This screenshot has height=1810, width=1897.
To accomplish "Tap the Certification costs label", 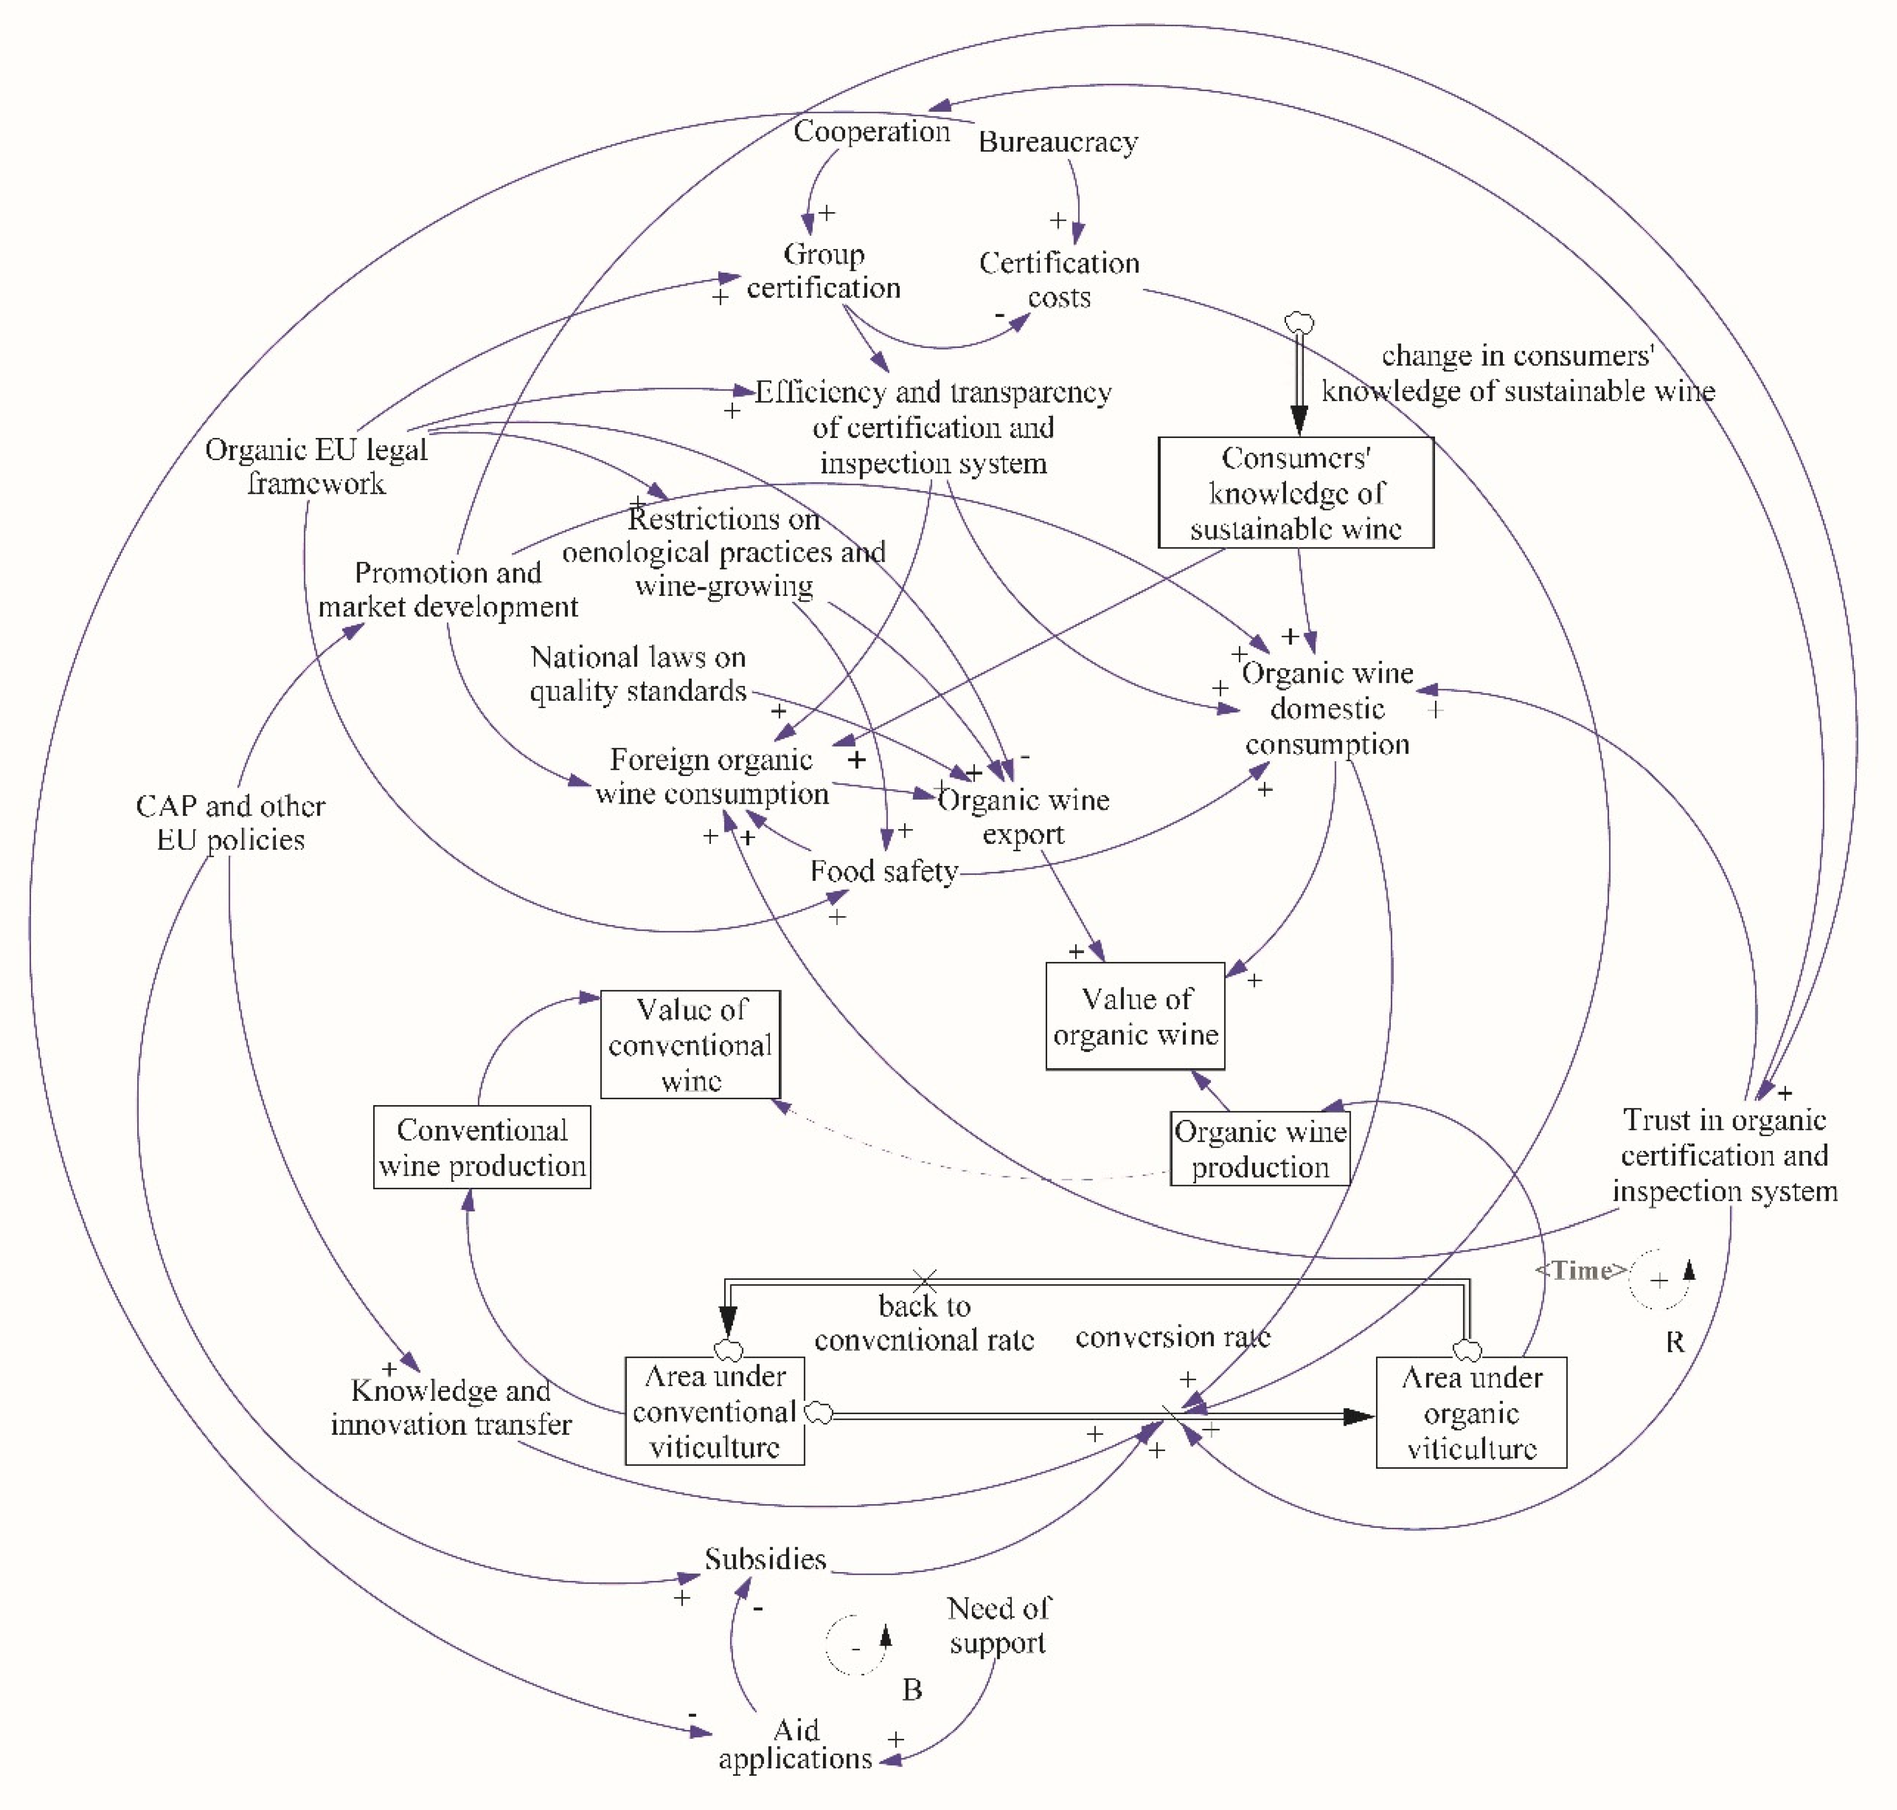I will tap(1058, 280).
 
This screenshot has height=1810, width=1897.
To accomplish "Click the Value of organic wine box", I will tap(1135, 1016).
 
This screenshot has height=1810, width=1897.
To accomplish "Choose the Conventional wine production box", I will tap(481, 1147).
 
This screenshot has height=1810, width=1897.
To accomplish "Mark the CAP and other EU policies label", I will tap(230, 822).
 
